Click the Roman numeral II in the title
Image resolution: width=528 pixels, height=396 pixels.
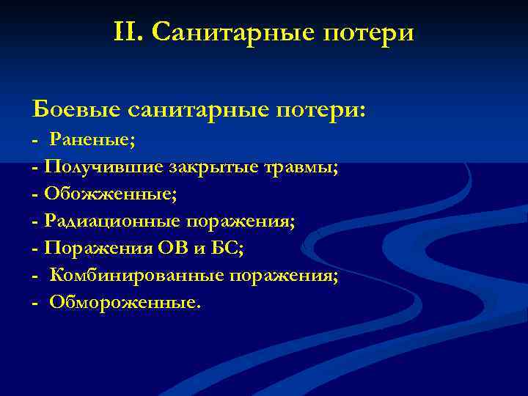126,32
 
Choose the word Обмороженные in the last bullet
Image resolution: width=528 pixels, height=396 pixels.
123,302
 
